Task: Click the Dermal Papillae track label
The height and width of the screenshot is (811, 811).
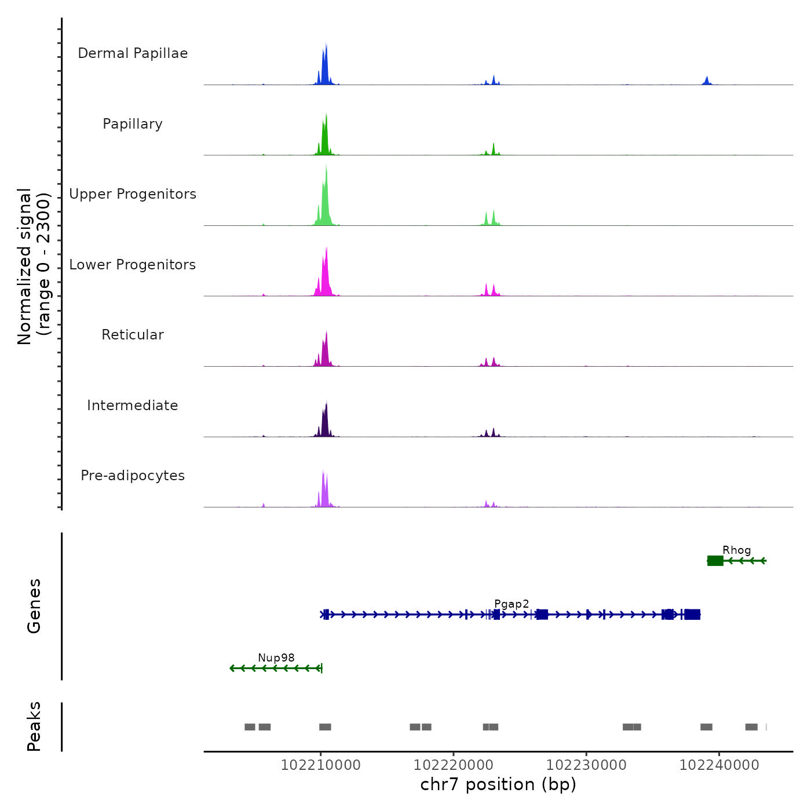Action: tap(133, 53)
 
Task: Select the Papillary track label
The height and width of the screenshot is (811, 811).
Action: tap(133, 124)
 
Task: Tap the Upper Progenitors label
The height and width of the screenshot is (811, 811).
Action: tap(133, 194)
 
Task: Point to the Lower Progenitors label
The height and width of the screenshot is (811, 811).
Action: tap(133, 265)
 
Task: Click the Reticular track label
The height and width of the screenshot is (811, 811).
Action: tap(133, 335)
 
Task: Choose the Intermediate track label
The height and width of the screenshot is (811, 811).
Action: tap(133, 405)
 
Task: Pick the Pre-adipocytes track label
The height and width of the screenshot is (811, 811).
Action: tap(133, 476)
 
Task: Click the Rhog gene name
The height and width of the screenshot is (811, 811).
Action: tap(736, 550)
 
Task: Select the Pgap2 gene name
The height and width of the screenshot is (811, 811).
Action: tap(512, 604)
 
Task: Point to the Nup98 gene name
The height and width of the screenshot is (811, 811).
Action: tap(276, 658)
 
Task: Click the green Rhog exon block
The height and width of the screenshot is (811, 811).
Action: tap(715, 561)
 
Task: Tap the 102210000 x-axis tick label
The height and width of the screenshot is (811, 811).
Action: tap(320, 765)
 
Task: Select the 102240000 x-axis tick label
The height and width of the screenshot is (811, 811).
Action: tap(719, 765)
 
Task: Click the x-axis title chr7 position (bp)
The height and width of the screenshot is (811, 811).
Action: tap(498, 785)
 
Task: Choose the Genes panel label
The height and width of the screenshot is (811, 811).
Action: tap(34, 606)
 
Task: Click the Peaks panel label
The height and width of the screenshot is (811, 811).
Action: tap(34, 726)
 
